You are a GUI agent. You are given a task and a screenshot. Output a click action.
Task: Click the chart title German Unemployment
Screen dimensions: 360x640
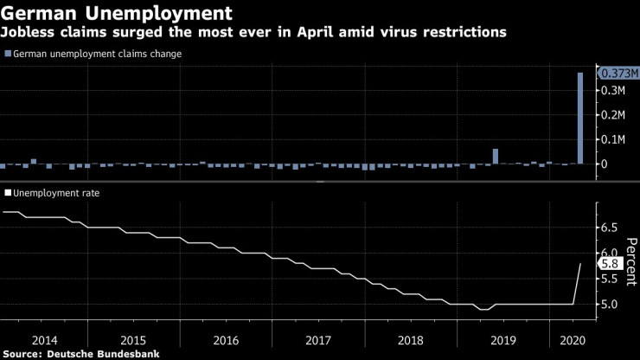coord(118,14)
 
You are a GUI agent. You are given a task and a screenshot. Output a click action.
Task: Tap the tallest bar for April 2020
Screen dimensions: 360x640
coord(580,118)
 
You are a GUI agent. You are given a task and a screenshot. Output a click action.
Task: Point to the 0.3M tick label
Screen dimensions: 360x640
coord(614,90)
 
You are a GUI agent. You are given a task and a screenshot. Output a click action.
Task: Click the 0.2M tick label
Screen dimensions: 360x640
coord(614,114)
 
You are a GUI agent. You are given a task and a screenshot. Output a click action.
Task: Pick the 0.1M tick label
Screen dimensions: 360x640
coord(614,139)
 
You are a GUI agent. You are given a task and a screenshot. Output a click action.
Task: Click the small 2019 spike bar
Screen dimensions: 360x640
coord(496,156)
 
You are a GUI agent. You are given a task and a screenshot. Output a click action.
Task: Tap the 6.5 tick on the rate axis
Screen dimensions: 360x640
coord(609,228)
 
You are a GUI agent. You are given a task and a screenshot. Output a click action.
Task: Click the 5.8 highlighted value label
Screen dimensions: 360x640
coord(608,263)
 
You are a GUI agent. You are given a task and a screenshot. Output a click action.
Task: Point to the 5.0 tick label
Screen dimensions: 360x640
coord(609,305)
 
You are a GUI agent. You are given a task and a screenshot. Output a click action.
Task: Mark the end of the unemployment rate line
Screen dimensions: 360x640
coord(580,263)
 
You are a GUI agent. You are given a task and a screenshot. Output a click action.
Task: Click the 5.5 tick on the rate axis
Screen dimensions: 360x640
coord(609,279)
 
